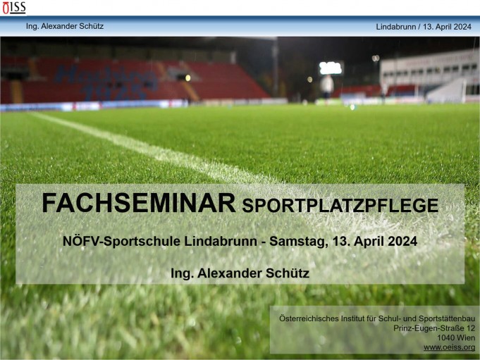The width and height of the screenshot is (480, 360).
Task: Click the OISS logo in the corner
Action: point(13,8)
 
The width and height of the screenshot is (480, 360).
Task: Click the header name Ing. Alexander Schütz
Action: point(65,26)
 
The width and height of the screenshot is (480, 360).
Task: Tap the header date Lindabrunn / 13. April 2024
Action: point(424,26)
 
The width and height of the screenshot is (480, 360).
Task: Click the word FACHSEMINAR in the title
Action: point(138,203)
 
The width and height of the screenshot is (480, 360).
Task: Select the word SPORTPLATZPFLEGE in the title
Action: point(340,206)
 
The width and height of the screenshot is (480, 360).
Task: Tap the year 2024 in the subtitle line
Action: point(402,241)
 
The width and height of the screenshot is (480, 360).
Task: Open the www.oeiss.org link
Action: point(449,347)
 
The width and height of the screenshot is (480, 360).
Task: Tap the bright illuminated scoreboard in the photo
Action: point(330,68)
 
